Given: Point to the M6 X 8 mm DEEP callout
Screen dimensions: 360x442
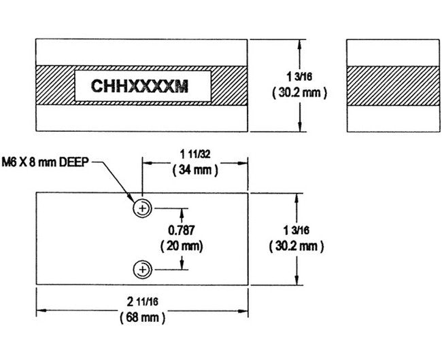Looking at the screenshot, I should coord(47,163).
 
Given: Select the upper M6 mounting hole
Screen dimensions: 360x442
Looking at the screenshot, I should coord(142,208).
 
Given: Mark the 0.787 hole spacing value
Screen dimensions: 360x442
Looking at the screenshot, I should coord(180,231).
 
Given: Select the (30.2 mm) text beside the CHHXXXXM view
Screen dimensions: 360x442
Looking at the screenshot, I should coord(300,92).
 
